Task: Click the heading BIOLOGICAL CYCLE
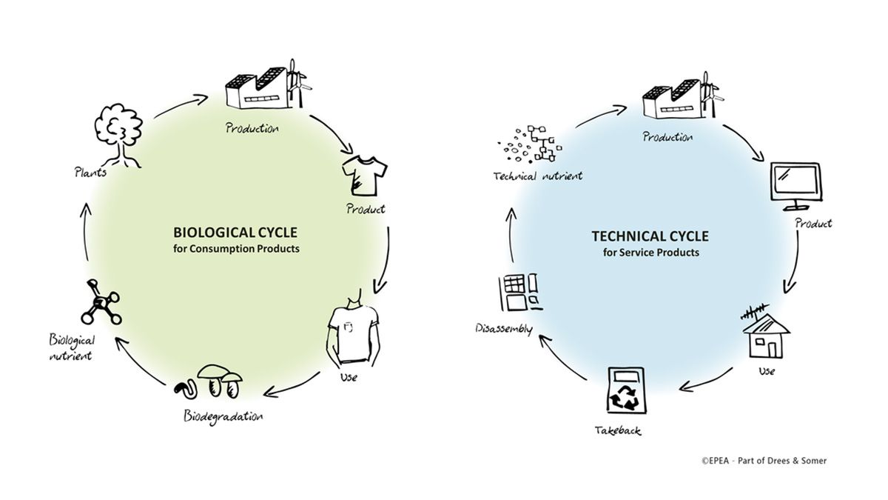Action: click(x=235, y=234)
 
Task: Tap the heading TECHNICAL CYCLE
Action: click(x=650, y=236)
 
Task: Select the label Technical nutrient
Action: click(x=538, y=176)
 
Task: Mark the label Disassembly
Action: click(x=501, y=327)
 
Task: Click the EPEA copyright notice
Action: click(x=764, y=461)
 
